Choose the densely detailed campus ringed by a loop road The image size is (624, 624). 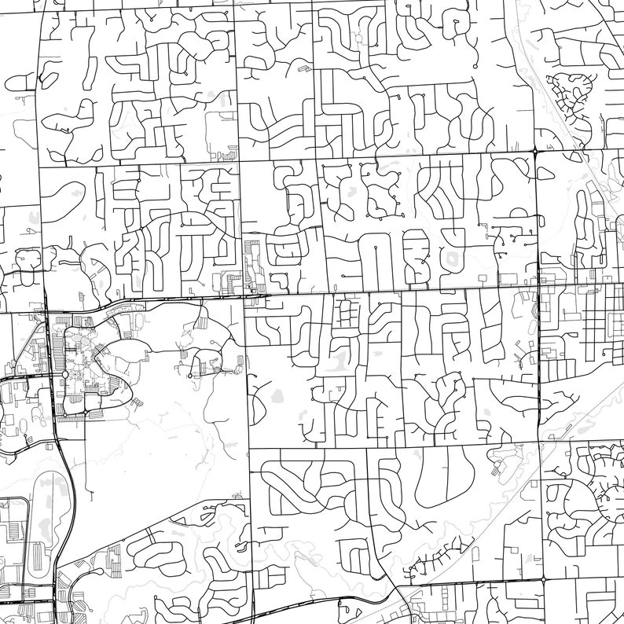click(86, 354)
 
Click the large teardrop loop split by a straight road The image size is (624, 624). click(440, 479)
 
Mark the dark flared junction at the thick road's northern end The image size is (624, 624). click(534, 150)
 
